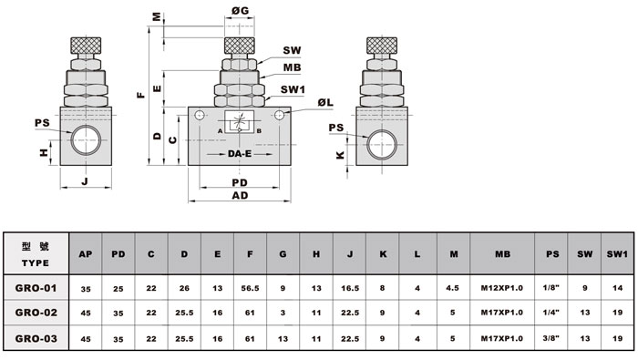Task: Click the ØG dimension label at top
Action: tap(240, 11)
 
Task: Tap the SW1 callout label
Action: tap(293, 89)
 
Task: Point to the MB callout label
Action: tap(292, 67)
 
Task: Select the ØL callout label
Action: tap(325, 102)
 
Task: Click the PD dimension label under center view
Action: tap(240, 182)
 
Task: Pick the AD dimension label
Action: tap(240, 196)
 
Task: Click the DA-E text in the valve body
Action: tap(240, 154)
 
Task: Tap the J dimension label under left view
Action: tap(85, 180)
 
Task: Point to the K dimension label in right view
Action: tap(340, 155)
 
